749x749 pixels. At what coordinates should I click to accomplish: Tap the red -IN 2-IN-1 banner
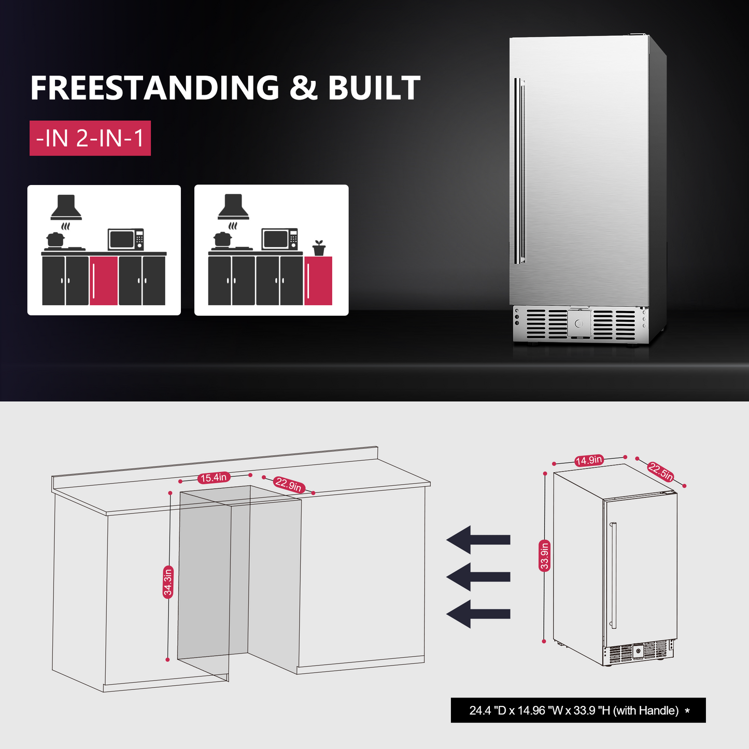[x=90, y=138]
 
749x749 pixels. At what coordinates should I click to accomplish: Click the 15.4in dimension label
[x=214, y=477]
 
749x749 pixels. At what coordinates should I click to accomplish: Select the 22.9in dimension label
[x=288, y=485]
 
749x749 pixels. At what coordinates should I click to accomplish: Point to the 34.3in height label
[x=167, y=583]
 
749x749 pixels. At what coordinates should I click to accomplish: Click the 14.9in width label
[x=589, y=460]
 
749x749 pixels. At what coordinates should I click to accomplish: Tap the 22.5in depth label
[x=661, y=472]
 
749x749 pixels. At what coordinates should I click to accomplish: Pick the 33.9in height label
[x=544, y=556]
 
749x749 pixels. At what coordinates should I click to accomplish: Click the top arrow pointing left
[x=478, y=540]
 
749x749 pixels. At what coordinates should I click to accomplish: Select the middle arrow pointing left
[x=478, y=576]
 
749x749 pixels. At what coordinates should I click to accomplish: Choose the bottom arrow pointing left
[x=478, y=614]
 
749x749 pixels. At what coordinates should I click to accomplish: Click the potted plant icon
[x=319, y=248]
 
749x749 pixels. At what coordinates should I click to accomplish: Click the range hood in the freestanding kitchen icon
[x=233, y=207]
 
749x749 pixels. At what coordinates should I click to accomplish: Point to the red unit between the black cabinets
[x=104, y=280]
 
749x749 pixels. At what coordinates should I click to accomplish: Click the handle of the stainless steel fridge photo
[x=519, y=171]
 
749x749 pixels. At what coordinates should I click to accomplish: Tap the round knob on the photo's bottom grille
[x=579, y=324]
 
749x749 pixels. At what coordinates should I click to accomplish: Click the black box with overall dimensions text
[x=578, y=710]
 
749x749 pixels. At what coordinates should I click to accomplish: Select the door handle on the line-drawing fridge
[x=613, y=575]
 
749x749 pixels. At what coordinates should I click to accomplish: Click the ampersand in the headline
[x=303, y=88]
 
